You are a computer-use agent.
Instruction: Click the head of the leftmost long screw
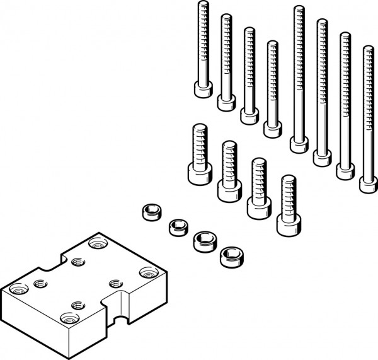(x=202, y=91)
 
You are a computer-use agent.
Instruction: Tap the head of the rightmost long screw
(x=369, y=184)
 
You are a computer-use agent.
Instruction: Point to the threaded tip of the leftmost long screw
(x=203, y=6)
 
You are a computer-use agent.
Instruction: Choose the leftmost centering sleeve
(x=149, y=212)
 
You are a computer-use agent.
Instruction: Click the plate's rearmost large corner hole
(x=98, y=243)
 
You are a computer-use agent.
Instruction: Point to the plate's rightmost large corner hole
(x=148, y=272)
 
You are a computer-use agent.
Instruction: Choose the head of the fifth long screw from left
(x=299, y=144)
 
